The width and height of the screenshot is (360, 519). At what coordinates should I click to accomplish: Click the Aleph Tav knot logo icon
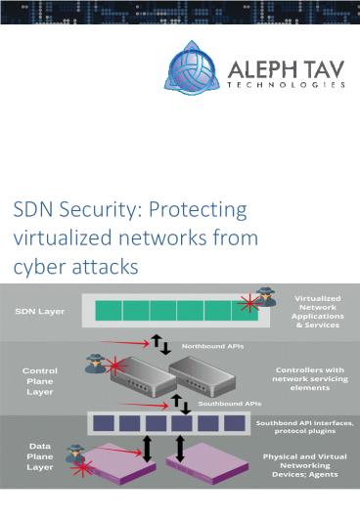[x=192, y=69]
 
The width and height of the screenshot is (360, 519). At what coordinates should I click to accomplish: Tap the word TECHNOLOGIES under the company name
[x=286, y=85]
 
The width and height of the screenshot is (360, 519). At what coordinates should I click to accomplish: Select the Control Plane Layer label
[x=40, y=381]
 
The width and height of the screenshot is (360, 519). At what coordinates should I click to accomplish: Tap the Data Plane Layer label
[x=39, y=454]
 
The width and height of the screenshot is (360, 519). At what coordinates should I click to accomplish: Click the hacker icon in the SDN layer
[x=265, y=297]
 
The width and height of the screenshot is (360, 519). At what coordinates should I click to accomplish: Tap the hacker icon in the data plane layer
[x=74, y=453]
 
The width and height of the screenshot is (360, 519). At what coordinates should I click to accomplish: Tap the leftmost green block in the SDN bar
[x=109, y=310]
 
